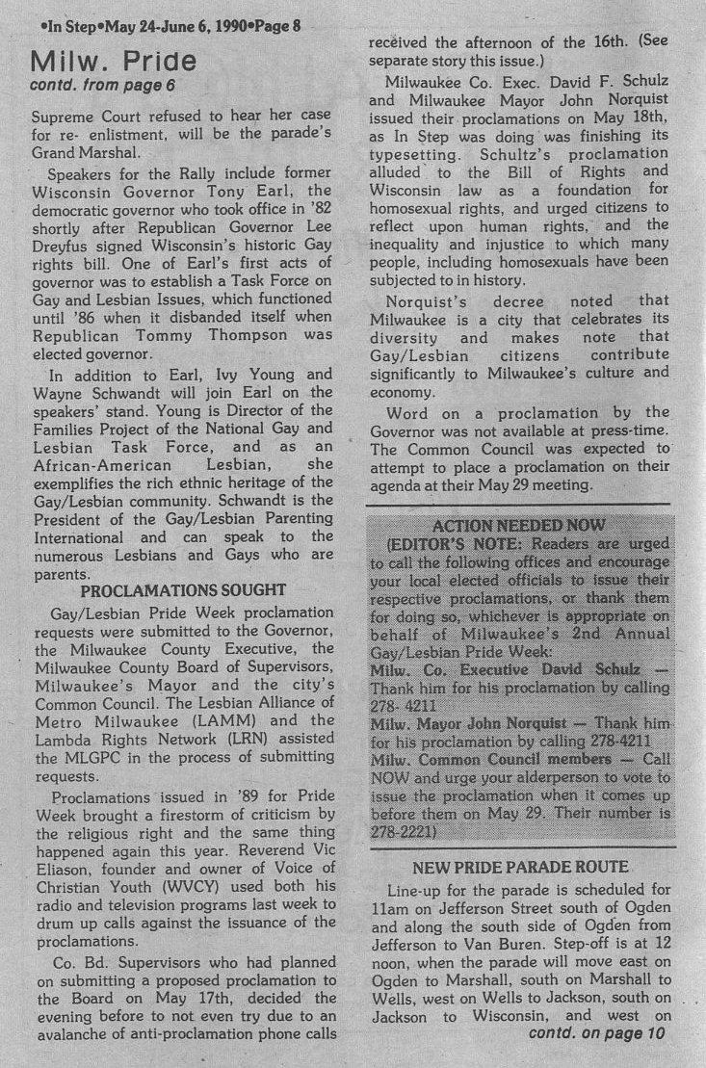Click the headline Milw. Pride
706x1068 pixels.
tap(114, 63)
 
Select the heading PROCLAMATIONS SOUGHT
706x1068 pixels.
tap(183, 590)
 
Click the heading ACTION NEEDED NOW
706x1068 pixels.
tap(519, 525)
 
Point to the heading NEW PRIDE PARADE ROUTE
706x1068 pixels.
tap(520, 868)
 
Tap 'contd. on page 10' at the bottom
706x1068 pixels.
tap(597, 1033)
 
